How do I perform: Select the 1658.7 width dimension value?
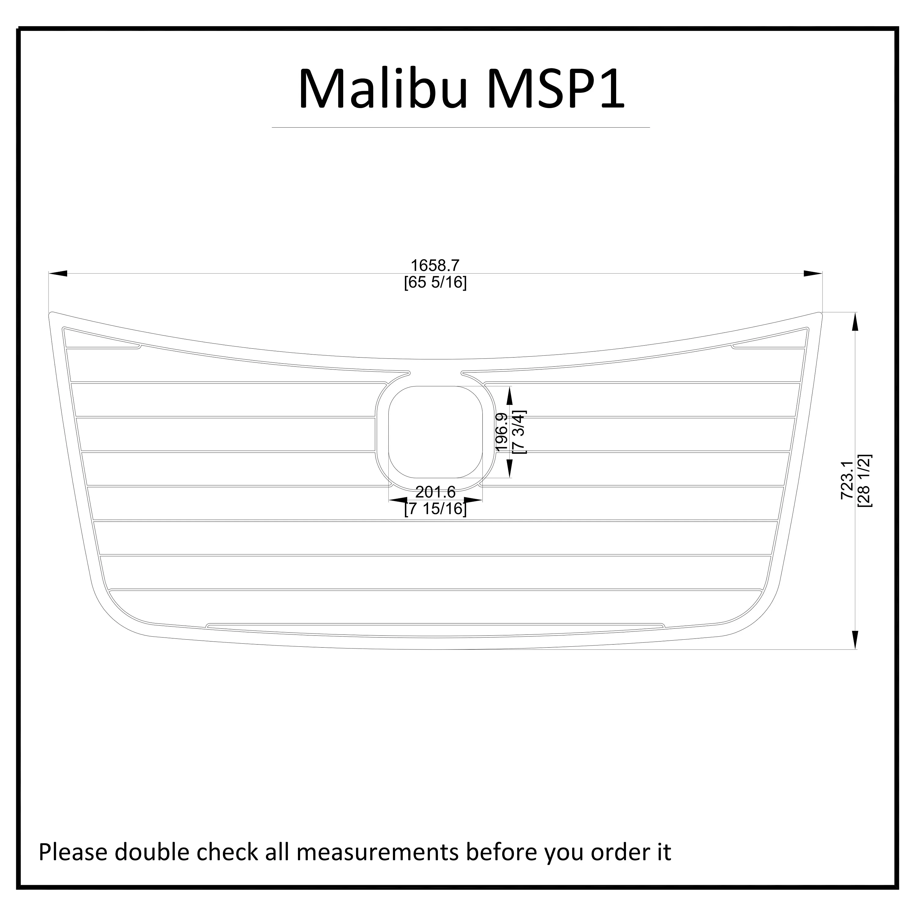pos(435,266)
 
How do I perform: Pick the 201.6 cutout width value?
pos(435,492)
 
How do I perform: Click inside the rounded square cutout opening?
pos(435,431)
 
